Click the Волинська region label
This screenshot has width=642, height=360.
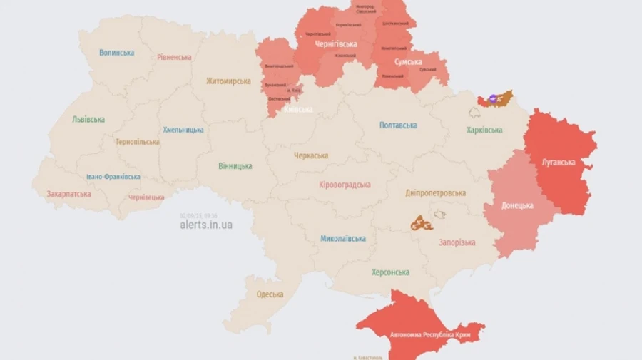(x=117, y=53)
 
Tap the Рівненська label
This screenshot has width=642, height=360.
(x=174, y=57)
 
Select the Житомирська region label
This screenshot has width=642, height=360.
(x=228, y=81)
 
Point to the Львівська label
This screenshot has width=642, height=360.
(x=88, y=119)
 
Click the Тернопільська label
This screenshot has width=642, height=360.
(x=138, y=141)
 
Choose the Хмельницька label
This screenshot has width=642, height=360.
(x=183, y=130)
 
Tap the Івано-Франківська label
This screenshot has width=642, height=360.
(x=113, y=177)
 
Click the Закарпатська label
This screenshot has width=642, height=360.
(x=68, y=193)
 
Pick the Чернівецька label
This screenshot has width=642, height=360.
(x=146, y=197)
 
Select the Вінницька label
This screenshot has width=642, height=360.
(x=235, y=166)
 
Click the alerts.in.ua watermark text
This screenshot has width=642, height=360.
(x=206, y=225)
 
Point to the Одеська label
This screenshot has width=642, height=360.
(x=270, y=294)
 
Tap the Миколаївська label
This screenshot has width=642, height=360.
(x=343, y=238)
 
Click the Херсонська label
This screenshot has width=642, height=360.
(x=390, y=272)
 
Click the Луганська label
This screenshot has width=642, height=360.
(x=559, y=162)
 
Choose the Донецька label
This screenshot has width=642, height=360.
(x=517, y=205)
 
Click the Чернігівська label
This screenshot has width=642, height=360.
(x=335, y=44)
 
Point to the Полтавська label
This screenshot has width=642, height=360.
(x=398, y=125)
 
